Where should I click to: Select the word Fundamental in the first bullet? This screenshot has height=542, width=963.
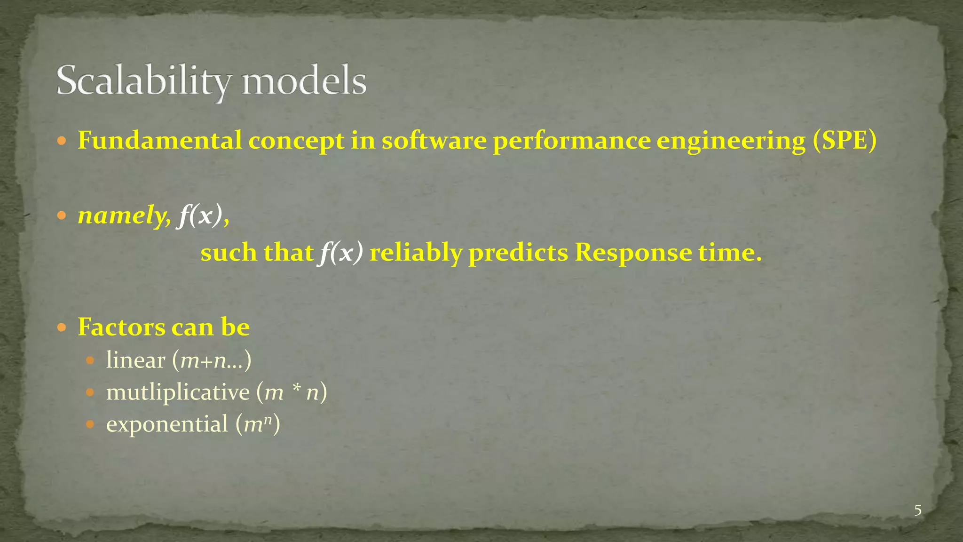pyautogui.click(x=159, y=140)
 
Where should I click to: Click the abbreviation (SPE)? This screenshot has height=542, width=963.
pyautogui.click(x=844, y=140)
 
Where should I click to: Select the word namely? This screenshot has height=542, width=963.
pyautogui.click(x=124, y=216)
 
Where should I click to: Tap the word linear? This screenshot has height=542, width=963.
pyautogui.click(x=135, y=360)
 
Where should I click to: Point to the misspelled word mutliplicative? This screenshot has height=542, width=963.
pyautogui.click(x=178, y=392)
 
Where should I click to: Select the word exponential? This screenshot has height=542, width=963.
pyautogui.click(x=167, y=424)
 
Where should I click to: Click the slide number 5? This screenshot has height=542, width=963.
pyautogui.click(x=917, y=510)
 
